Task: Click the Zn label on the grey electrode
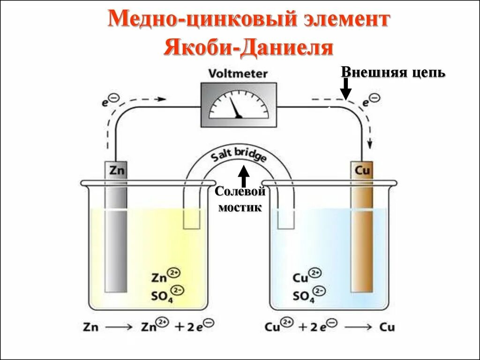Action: [x=116, y=170]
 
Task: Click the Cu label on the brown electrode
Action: [x=362, y=170]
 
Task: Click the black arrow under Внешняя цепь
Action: [x=345, y=89]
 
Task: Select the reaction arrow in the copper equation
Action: [x=359, y=327]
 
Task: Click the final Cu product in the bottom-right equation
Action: [x=387, y=327]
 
